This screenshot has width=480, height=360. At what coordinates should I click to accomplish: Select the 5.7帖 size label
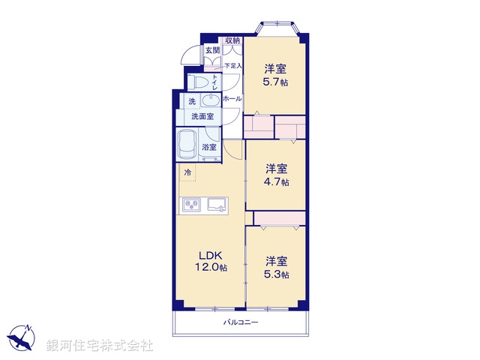274,82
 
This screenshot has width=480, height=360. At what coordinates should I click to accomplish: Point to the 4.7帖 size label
277,181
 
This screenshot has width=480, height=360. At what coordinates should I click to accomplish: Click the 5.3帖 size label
277,275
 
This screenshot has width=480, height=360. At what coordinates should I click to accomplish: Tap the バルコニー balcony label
240,322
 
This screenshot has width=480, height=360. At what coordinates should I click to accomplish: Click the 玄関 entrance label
213,51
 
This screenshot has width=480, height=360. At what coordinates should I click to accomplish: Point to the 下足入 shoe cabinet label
232,66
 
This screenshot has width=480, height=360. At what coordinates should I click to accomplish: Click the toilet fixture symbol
200,81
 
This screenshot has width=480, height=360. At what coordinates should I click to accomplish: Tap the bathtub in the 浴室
187,142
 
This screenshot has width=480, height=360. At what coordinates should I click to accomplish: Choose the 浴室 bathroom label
209,148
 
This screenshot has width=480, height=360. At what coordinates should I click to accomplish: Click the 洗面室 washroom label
202,116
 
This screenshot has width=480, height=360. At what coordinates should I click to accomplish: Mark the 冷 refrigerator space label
187,173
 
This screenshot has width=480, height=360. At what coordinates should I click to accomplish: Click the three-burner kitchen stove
190,204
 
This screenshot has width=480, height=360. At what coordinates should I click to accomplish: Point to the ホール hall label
232,98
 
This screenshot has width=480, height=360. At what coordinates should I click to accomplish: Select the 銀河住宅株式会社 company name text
100,345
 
